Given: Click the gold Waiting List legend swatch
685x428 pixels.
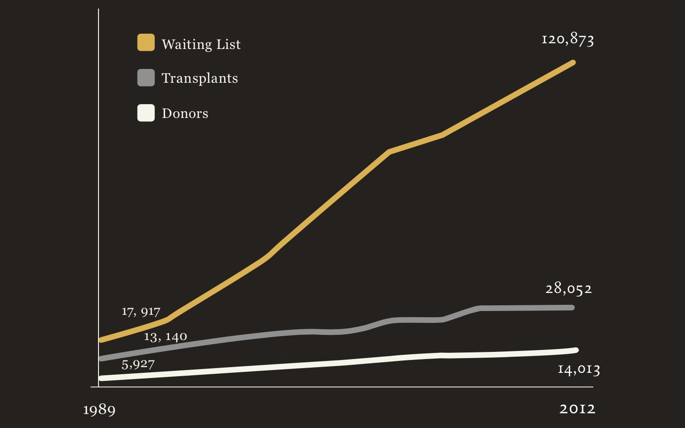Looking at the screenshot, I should tap(146, 42).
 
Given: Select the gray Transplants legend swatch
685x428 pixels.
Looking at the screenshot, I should tap(146, 78).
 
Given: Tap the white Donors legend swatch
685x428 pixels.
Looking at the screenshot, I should tap(146, 113).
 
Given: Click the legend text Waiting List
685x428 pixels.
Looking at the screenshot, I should tap(201, 44).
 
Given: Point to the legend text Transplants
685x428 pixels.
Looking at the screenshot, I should tap(200, 78).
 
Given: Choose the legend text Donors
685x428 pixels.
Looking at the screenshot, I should tap(185, 113).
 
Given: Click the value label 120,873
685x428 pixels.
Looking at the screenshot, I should tap(568, 39).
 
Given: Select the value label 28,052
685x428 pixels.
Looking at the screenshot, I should tap(568, 288).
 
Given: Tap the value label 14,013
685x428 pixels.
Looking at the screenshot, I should tap(578, 369).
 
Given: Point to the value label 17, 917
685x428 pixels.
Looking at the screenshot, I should tap(141, 311).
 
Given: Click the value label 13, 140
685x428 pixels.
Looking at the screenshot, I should tap(165, 337).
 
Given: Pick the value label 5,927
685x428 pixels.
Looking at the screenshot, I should tap(138, 364).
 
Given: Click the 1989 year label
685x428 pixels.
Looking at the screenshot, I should tap(99, 409).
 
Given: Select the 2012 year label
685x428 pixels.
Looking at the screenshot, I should tap(577, 409).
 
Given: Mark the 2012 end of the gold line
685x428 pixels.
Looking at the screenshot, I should tap(573, 63).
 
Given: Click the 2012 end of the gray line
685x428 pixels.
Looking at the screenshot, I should tap(572, 308).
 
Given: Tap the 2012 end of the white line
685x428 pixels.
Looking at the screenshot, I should tap(576, 350).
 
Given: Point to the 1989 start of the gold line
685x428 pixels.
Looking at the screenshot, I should tap(101, 340).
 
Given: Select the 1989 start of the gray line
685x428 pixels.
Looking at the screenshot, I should tap(101, 358).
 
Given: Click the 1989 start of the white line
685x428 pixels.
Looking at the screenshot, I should tap(101, 378).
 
